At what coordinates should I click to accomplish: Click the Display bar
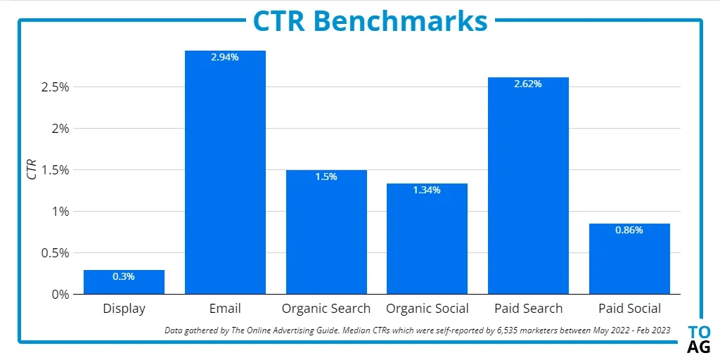[124, 282]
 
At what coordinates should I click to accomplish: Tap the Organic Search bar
[326, 232]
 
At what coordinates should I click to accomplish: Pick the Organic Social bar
[427, 239]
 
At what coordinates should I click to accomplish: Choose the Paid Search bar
[528, 186]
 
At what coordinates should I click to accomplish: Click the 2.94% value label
[225, 58]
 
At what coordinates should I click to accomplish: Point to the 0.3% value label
[124, 276]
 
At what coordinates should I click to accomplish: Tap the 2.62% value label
[528, 84]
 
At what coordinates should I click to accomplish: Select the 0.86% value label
[629, 230]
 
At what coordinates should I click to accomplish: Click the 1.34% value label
[427, 190]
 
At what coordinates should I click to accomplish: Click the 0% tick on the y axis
[60, 294]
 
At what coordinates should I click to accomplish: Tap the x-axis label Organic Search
[326, 309]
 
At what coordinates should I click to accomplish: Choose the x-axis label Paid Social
[629, 309]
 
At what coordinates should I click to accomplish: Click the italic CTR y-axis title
[32, 169]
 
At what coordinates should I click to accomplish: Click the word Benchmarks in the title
[401, 21]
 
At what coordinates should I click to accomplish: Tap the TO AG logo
[699, 339]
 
